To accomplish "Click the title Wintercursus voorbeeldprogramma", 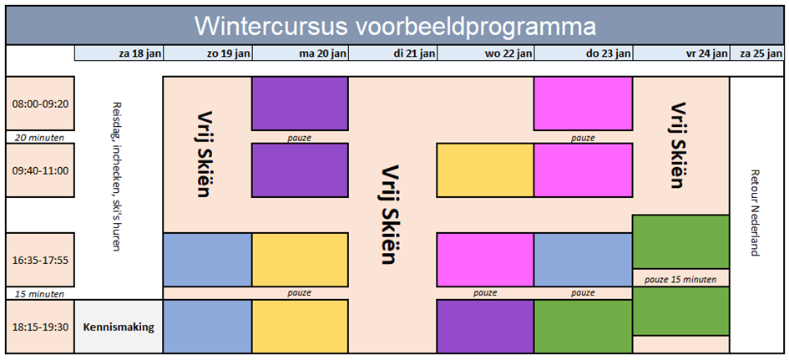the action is pos(395,26).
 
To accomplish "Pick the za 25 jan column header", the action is pos(756,53).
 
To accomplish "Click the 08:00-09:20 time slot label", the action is pos(40,104).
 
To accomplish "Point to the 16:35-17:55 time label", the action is pos(40,261).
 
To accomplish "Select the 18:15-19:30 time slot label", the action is pos(40,327).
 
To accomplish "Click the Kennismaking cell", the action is pos(119,327).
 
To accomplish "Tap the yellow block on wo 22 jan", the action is pos(485,170).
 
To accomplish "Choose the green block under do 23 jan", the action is pos(584,327).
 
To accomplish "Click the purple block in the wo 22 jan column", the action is pos(485,327).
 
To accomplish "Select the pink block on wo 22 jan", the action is pos(485,260).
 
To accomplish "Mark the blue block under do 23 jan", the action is pos(584,260).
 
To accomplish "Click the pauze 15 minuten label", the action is pos(680,278).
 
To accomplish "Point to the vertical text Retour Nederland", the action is pos(754,212).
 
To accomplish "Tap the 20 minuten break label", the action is pos(40,137).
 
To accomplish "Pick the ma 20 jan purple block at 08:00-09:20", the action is pos(300,104).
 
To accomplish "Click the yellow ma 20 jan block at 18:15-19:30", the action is pos(300,327).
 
